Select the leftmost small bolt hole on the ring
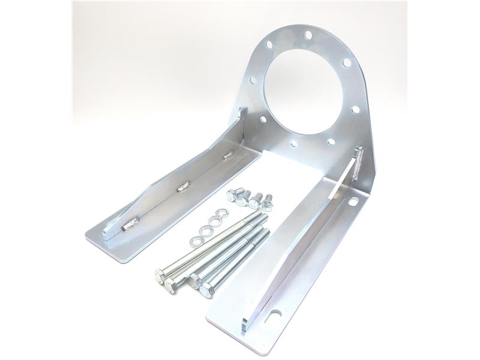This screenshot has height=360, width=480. tap(253, 80)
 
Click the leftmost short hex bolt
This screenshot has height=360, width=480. tap(232, 194)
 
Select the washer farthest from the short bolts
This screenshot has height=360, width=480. tap(194, 241)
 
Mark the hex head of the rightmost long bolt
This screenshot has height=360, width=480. tap(206, 291)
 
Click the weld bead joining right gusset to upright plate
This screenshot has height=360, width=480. tap(359, 163)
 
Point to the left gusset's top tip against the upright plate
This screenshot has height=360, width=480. tap(242, 112)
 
